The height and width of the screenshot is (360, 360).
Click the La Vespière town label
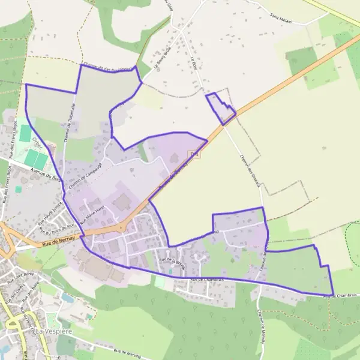55,331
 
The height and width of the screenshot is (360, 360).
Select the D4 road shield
193,155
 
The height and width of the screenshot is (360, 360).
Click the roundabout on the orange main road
121,227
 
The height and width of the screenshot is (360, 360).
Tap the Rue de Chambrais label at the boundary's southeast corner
336,295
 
